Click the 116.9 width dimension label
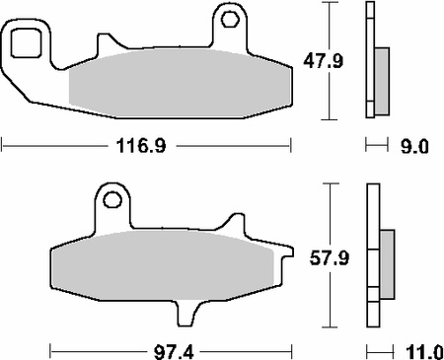(x=141, y=146)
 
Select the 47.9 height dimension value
(x=323, y=61)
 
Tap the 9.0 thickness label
(x=414, y=146)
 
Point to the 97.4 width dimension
(x=174, y=353)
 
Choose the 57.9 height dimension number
(x=330, y=258)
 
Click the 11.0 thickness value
(x=424, y=353)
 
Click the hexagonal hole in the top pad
(x=230, y=20)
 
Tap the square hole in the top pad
(x=26, y=43)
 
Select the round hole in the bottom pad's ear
(x=112, y=199)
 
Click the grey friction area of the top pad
(x=181, y=83)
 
